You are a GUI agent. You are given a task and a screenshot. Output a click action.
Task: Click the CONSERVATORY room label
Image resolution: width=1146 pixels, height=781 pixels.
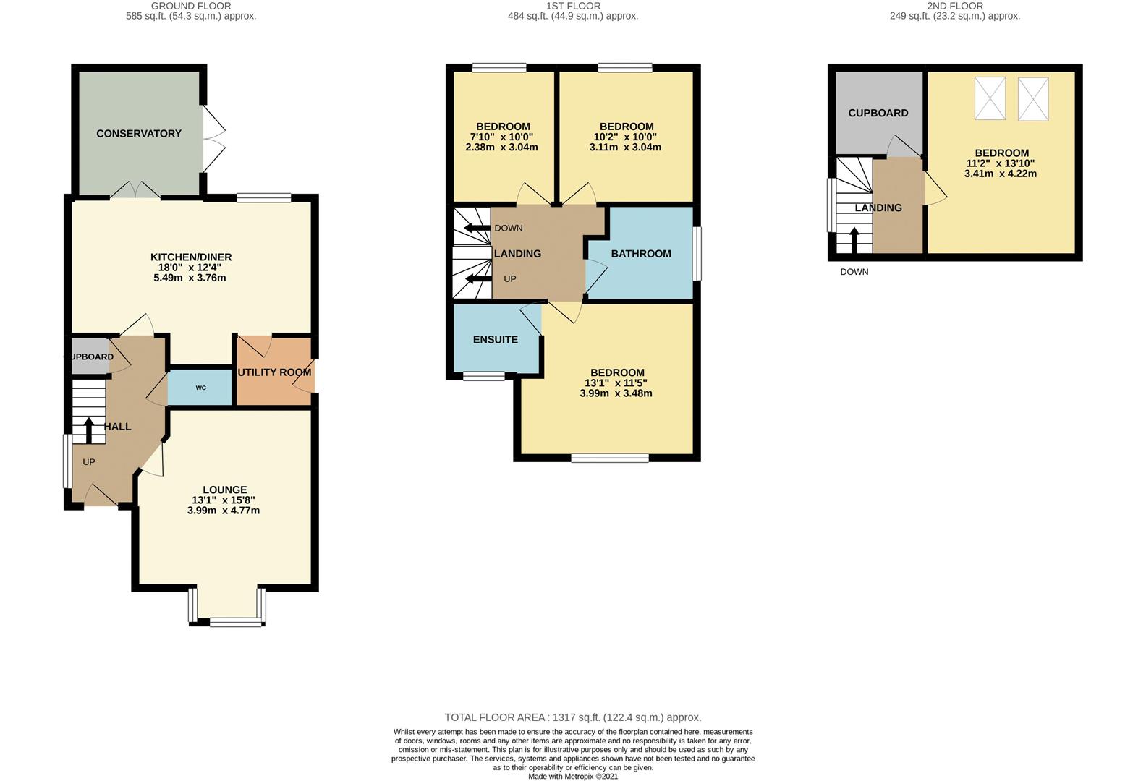coord(139,133)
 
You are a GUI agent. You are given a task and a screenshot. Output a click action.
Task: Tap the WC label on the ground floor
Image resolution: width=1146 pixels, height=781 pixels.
coord(200,388)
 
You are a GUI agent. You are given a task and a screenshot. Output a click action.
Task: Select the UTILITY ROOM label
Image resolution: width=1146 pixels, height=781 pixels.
coord(275,372)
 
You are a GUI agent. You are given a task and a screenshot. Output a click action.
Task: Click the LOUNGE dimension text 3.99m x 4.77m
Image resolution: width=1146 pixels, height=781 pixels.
coord(224,511)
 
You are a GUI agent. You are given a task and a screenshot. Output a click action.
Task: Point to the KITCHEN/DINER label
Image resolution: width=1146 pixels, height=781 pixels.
coord(191,257)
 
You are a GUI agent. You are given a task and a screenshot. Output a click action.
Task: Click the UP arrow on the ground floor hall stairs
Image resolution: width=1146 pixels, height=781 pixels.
coord(89,430)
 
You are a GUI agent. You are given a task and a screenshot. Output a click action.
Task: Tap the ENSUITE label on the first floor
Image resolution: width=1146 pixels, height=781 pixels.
coord(496,340)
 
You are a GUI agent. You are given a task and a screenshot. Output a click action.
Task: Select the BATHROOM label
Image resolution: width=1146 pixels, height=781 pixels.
coord(641,254)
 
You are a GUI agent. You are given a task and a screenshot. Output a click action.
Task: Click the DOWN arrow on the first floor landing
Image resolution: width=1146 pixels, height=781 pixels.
coord(477,229)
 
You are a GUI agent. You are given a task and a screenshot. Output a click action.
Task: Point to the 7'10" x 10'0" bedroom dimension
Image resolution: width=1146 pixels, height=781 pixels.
coord(501,137)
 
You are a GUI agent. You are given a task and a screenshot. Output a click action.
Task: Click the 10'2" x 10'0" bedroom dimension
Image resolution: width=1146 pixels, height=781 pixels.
coord(625,137)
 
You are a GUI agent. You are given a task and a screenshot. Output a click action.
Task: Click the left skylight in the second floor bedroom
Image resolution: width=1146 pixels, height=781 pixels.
coord(990,98)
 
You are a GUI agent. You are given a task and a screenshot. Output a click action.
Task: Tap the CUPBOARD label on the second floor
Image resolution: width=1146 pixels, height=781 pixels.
coord(878,114)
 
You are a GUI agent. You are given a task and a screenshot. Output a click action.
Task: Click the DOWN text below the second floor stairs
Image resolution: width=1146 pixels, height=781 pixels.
coord(854,272)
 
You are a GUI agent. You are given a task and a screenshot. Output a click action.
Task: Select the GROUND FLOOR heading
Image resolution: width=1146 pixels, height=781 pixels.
coord(191,6)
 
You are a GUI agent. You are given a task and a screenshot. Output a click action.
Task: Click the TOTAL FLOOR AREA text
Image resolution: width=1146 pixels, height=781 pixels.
coord(573,717)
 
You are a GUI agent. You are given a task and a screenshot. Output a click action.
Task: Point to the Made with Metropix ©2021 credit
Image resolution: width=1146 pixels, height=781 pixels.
coord(573,777)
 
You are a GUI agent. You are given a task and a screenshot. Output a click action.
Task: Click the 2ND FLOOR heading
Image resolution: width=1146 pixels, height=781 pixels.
coord(955,6)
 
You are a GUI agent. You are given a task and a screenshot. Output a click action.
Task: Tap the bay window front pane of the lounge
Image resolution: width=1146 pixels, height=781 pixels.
coord(236,620)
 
